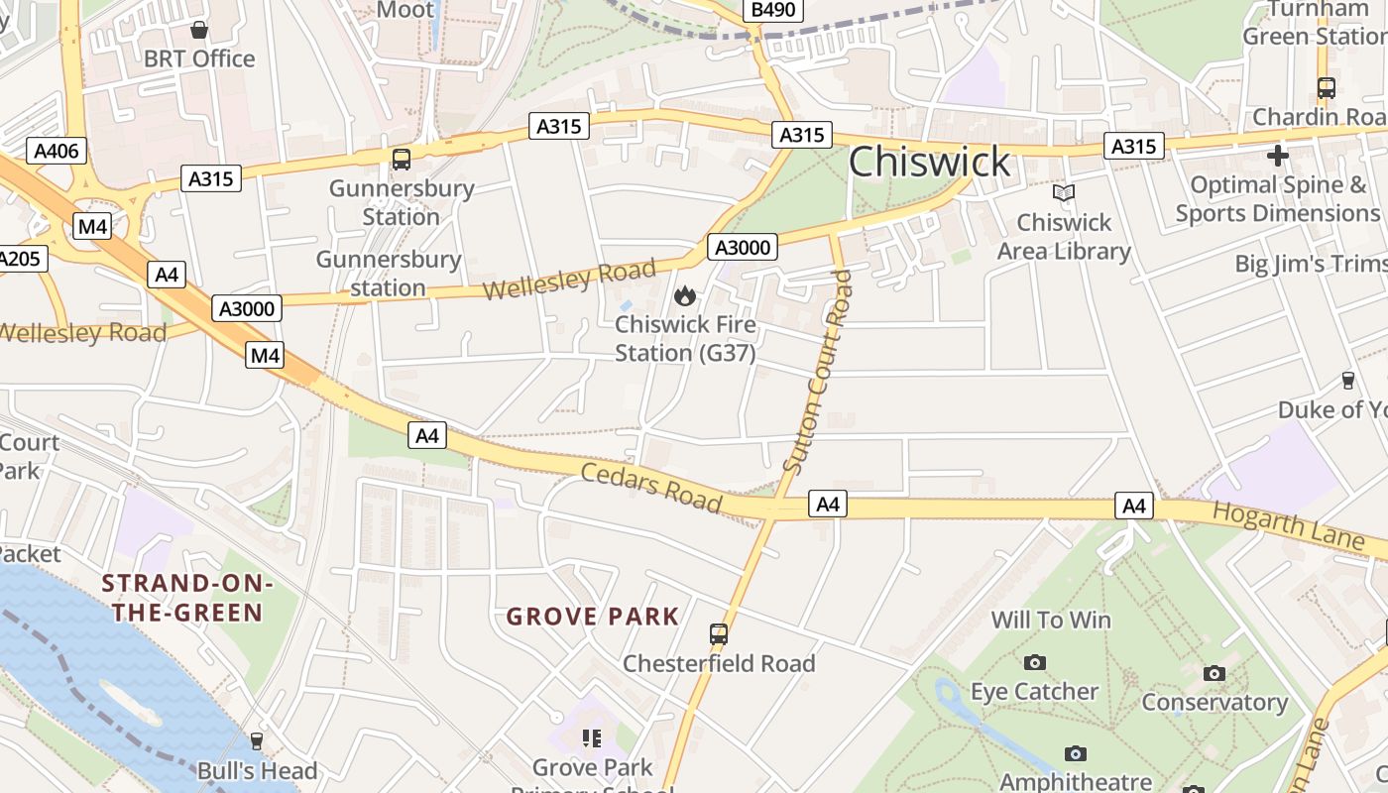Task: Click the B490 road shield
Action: tap(773, 10)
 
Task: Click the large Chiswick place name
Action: tap(929, 162)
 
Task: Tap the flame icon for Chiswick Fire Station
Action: tap(684, 295)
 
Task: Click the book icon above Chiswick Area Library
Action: tap(1064, 192)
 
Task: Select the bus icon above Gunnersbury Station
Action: tap(402, 159)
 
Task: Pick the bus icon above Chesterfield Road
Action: tap(719, 633)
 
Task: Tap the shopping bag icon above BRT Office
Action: tap(199, 30)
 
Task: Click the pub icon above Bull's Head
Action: tap(257, 740)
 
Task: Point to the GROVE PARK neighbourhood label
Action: tap(593, 617)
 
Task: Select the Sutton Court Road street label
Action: tap(817, 372)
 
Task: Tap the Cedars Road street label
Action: tap(650, 487)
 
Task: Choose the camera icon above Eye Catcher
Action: tap(1034, 662)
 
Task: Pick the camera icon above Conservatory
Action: tap(1214, 673)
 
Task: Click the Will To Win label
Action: tap(1051, 621)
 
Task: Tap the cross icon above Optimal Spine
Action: tap(1277, 156)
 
